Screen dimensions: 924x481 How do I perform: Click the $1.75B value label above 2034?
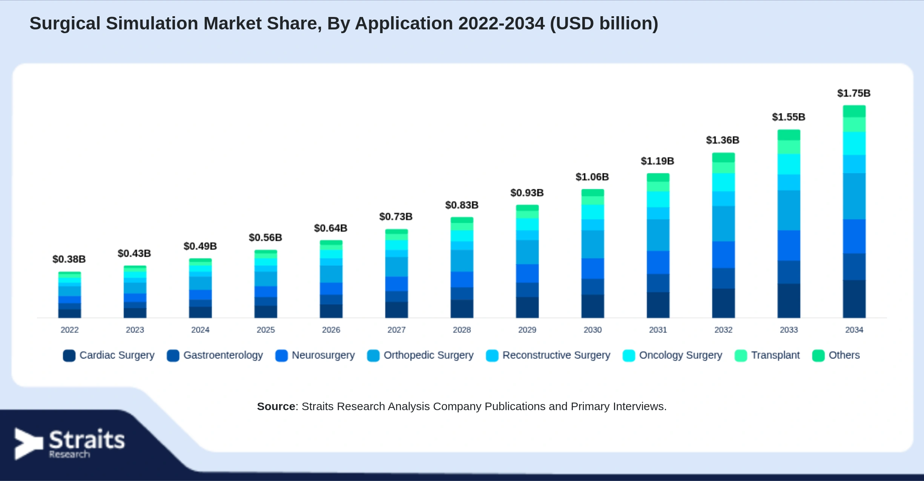(854, 93)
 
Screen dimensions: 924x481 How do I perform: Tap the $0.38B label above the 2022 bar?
(69, 259)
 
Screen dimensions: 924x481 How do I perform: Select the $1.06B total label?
(592, 177)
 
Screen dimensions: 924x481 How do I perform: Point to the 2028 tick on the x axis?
(462, 330)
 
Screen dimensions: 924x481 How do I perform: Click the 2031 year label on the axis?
(658, 330)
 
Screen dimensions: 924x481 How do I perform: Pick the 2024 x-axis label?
(200, 330)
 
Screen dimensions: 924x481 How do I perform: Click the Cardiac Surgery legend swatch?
(69, 355)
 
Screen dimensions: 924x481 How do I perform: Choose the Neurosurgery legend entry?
(315, 355)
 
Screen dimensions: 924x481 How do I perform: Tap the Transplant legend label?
(775, 355)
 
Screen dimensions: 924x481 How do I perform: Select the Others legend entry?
(836, 355)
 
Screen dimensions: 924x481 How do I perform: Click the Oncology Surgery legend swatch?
(629, 355)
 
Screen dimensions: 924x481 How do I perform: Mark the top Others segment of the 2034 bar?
(854, 112)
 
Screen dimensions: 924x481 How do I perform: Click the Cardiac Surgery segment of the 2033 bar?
(789, 301)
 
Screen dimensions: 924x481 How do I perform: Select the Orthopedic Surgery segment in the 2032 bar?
(723, 224)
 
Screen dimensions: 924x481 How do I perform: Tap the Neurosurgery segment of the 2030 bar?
(592, 269)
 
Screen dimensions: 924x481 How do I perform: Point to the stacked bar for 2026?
(331, 279)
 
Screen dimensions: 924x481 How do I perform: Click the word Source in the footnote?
(276, 406)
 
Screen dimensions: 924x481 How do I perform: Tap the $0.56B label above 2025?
(265, 237)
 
